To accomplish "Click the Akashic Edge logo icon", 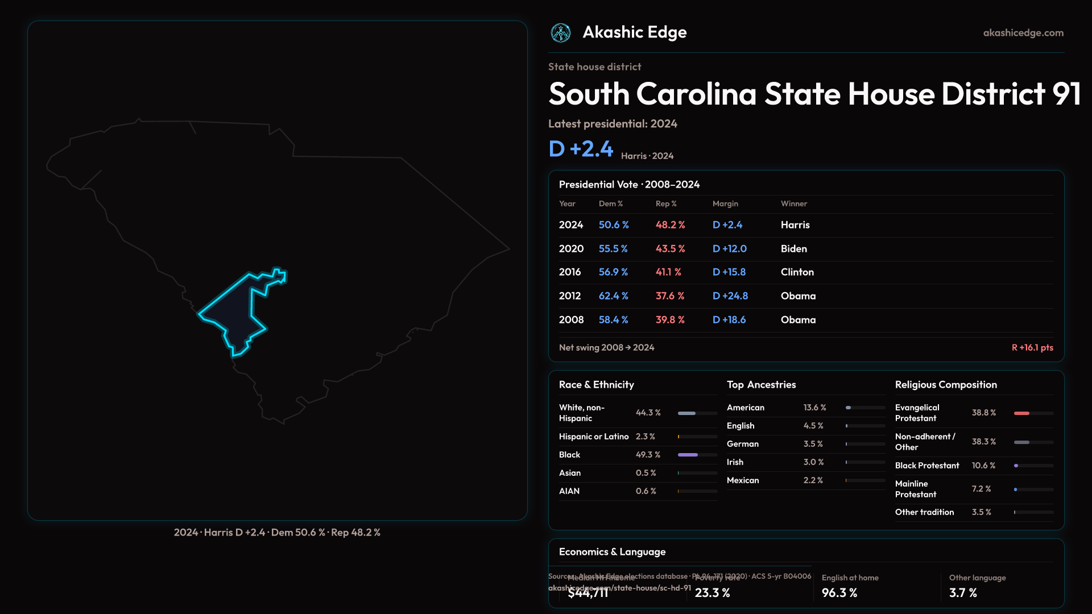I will [561, 33].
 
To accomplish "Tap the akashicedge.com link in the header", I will [1023, 33].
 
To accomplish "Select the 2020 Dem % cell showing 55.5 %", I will [613, 249].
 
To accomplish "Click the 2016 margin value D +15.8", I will [729, 272].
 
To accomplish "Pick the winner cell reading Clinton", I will [797, 272].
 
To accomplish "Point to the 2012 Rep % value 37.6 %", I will [670, 296].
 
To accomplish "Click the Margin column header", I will [725, 204].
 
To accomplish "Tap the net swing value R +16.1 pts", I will [1032, 347].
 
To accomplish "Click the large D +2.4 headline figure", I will [581, 149].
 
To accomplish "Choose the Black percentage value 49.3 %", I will [648, 455].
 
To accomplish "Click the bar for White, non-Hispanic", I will [687, 413].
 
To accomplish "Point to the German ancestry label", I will [743, 444].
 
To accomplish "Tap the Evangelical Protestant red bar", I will [1021, 413].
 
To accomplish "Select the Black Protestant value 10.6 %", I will [983, 466].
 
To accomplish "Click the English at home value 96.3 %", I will [839, 593].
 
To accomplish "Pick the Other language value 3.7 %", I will [963, 593].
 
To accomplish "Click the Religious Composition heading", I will [946, 385].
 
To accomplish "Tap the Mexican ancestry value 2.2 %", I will [813, 480].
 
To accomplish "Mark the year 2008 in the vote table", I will [571, 320].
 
